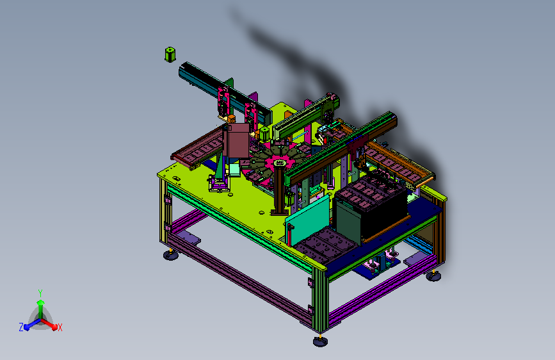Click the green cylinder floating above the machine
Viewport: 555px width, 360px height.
tap(170, 54)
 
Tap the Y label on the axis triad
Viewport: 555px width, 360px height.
tap(40, 293)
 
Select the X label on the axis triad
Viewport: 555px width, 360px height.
tap(60, 327)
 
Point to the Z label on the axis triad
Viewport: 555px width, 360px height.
tap(21, 327)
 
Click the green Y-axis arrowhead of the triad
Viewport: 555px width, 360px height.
tap(41, 302)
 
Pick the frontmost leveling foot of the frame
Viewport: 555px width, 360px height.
tap(320, 341)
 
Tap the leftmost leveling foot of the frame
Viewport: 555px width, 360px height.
tap(171, 254)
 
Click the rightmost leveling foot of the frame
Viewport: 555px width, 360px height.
tap(433, 275)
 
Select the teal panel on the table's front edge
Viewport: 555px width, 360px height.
tap(307, 220)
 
